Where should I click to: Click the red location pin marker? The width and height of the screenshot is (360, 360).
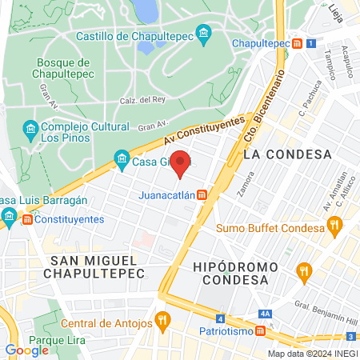[181, 164]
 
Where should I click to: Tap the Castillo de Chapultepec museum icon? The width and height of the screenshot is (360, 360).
[204, 34]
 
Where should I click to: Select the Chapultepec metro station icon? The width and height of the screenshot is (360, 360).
[298, 43]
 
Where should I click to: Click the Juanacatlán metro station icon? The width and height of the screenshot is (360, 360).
[203, 194]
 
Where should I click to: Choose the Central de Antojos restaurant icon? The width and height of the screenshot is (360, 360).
[162, 323]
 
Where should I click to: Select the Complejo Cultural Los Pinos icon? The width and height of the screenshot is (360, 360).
[30, 128]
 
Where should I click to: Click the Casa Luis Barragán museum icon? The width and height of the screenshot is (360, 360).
[9, 215]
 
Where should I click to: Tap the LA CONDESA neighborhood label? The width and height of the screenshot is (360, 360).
[286, 154]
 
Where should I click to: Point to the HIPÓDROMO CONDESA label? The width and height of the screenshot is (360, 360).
[234, 273]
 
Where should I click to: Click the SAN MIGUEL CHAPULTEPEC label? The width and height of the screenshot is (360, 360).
[97, 267]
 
